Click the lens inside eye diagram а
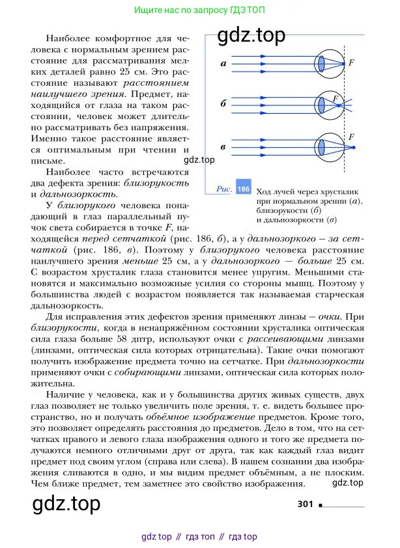coord(322,64)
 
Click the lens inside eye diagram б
coord(322,105)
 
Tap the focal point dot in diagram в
coord(354,147)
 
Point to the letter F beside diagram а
coord(352,62)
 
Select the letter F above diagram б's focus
coord(336,98)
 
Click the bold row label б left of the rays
coord(223,104)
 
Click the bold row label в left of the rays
coord(223,147)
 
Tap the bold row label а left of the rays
coord(223,64)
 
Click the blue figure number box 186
coord(243,189)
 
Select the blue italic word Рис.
coord(225,189)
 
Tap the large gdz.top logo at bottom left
coord(66,503)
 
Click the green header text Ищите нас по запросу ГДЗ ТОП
coord(199,11)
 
